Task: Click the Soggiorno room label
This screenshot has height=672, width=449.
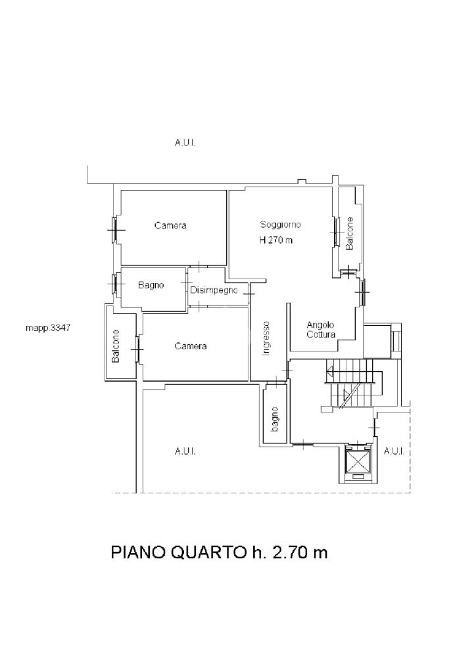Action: pyautogui.click(x=281, y=225)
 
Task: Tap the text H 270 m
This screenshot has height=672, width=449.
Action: pyautogui.click(x=276, y=240)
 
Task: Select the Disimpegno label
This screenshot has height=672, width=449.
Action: pyautogui.click(x=214, y=290)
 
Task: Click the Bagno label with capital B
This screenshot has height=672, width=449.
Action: pyautogui.click(x=151, y=285)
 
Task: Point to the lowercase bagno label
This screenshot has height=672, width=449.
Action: pyautogui.click(x=275, y=419)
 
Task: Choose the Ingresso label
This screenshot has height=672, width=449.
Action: pyautogui.click(x=266, y=338)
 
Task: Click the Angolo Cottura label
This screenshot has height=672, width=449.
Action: pyautogui.click(x=321, y=330)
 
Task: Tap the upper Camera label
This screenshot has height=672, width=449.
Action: pyautogui.click(x=170, y=225)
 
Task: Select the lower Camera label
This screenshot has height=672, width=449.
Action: pyautogui.click(x=191, y=346)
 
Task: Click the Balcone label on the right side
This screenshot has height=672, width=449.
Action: pyautogui.click(x=350, y=234)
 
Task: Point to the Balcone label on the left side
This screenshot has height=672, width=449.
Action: pyautogui.click(x=115, y=346)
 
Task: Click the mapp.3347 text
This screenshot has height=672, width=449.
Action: pyautogui.click(x=48, y=328)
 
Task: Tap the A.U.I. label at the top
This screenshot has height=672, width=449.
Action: pyautogui.click(x=185, y=143)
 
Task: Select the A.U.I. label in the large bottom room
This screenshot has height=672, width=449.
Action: pyautogui.click(x=185, y=451)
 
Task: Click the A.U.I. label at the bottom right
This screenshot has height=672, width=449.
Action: pyautogui.click(x=394, y=451)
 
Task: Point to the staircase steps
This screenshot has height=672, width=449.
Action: pyautogui.click(x=350, y=383)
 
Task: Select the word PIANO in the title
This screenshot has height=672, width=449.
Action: pyautogui.click(x=139, y=552)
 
